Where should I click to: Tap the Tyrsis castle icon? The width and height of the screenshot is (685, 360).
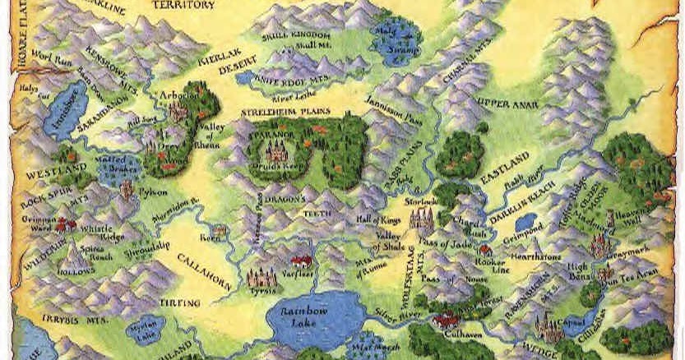click(263, 278)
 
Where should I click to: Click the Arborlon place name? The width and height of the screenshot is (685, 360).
click(178, 94)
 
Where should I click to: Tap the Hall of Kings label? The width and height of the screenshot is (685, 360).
click(377, 219)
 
